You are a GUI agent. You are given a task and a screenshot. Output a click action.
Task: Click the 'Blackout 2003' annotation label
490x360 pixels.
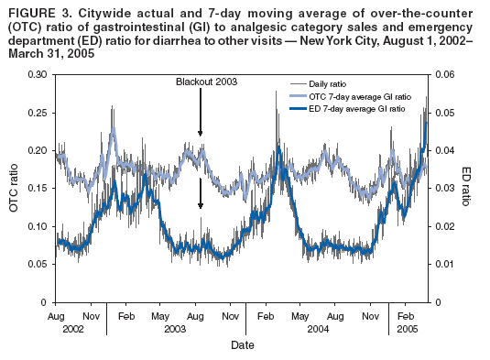click(x=207, y=82)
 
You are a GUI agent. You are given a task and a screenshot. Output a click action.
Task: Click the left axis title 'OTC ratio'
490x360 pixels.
click(x=14, y=189)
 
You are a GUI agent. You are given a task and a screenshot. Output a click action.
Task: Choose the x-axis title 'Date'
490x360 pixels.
click(x=242, y=345)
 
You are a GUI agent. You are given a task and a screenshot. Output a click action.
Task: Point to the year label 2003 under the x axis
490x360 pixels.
click(x=175, y=327)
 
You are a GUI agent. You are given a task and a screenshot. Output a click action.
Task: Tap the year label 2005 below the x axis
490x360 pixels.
click(x=406, y=327)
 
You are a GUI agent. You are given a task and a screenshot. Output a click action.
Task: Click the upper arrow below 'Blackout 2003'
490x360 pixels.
click(x=200, y=115)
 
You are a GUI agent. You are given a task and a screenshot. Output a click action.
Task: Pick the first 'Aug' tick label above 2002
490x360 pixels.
click(x=55, y=314)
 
